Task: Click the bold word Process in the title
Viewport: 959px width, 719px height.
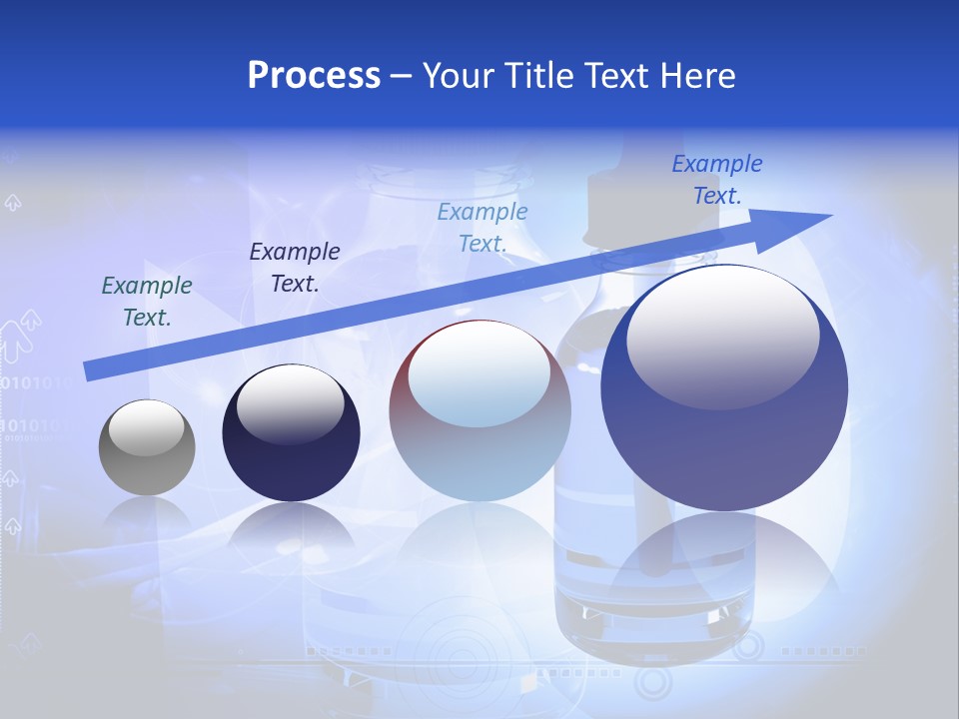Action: coord(314,76)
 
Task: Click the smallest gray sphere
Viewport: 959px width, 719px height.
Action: coord(147,447)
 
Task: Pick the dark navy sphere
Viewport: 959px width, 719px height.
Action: coord(291,433)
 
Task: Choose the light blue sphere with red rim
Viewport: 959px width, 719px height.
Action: coord(479,410)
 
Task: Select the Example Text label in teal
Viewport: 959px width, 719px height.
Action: coord(147,302)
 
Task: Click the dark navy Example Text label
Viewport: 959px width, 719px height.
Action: coord(295,268)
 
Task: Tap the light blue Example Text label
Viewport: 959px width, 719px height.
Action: coord(482,227)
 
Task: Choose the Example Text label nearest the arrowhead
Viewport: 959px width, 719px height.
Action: coord(717,180)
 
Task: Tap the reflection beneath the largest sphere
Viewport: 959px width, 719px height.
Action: coord(724,569)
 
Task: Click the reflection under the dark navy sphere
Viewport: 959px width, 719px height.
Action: coord(291,529)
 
